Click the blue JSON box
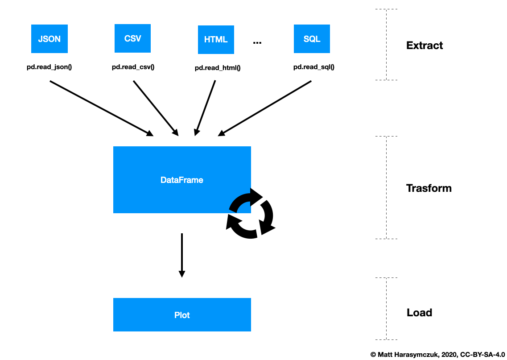tap(49, 39)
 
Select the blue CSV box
tap(132, 39)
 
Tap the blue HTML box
tap(216, 40)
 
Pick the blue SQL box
tap(312, 39)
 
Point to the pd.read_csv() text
tap(133, 67)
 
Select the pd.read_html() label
tap(218, 68)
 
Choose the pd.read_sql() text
tap(314, 67)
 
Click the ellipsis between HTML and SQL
tap(257, 42)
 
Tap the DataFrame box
tap(182, 180)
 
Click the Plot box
tap(182, 315)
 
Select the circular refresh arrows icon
tap(251, 213)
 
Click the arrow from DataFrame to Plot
tap(181, 255)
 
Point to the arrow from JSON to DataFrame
tap(101, 108)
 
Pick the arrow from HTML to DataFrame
tap(205, 108)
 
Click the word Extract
tap(425, 46)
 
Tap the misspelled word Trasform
tap(429, 188)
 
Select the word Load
tap(419, 312)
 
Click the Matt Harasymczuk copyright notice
tap(437, 354)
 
